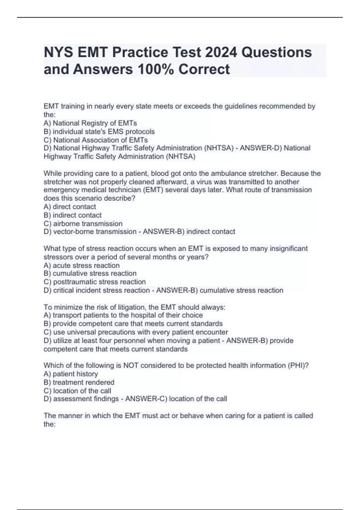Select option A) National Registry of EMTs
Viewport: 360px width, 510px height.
point(90,123)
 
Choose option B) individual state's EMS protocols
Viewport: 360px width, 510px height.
point(99,131)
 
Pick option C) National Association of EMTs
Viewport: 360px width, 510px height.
point(96,140)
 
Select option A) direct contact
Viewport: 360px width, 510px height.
point(70,207)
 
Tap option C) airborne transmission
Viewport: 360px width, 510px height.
point(83,223)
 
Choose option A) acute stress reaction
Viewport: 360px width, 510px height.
point(81,265)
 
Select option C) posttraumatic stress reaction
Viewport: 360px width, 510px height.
point(94,282)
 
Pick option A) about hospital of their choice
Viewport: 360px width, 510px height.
point(123,315)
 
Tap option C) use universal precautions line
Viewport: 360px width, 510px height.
point(136,332)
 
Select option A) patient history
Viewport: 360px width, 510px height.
point(71,374)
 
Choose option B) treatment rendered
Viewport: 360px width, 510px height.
point(79,382)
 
